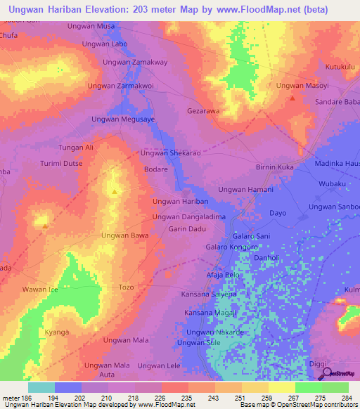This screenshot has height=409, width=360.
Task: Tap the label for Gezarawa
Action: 203,111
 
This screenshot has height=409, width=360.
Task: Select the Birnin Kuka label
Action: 274,167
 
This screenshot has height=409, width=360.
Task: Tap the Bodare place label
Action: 155,169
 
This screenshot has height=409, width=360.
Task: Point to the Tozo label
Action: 126,287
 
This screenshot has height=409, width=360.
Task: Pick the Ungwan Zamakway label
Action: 135,63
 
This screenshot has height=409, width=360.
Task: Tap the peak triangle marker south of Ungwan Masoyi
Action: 291,99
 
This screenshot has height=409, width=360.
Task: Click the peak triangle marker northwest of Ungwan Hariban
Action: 115,191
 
